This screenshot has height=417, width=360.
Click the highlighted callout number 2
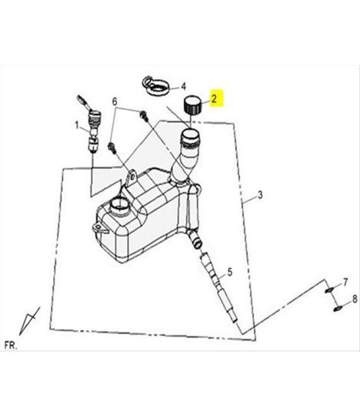(214, 99)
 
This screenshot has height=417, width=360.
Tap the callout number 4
(183, 87)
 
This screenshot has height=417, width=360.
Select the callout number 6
(114, 101)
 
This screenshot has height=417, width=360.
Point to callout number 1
(77, 125)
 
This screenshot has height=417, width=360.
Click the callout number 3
(260, 195)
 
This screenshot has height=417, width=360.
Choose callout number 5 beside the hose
(230, 272)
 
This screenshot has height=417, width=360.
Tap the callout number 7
(345, 282)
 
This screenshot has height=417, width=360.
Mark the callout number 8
(355, 299)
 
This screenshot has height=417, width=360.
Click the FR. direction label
(11, 346)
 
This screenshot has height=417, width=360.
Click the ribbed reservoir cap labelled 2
(193, 105)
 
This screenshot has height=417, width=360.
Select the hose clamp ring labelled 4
(155, 86)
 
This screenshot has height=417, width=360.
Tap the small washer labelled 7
(329, 290)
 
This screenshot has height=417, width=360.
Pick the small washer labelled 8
(337, 309)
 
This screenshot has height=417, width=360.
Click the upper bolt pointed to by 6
(143, 116)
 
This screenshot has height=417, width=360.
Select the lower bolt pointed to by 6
(112, 148)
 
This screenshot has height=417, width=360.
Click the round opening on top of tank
(119, 205)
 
